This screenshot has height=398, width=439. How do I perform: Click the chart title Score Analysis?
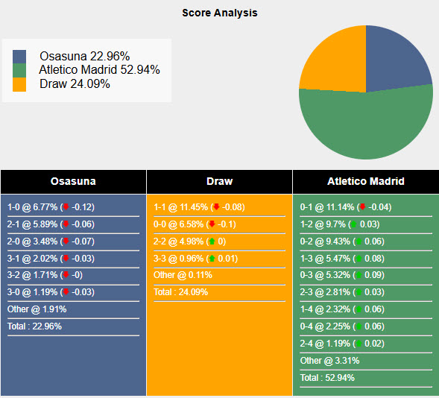tap(219, 13)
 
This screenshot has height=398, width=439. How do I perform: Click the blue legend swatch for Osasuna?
tap(19, 57)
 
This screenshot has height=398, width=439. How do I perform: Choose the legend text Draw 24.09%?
tap(75, 83)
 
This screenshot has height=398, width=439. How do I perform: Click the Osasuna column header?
tap(73, 181)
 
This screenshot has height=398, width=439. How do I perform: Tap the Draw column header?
tap(219, 181)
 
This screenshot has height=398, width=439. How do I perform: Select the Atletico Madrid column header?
tap(365, 181)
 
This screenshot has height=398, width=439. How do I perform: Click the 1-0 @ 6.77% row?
tap(51, 206)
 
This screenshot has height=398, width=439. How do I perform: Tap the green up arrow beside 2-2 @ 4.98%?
tap(212, 241)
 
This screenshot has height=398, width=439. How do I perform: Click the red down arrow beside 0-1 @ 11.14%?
tap(361, 206)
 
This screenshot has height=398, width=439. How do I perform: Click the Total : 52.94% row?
tap(327, 378)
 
